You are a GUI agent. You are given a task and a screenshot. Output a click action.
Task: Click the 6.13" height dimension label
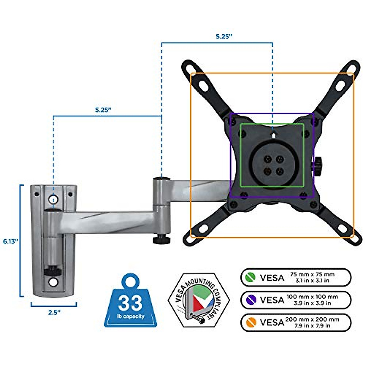click(x=11, y=241)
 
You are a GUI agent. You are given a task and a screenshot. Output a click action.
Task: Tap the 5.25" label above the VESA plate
click(x=224, y=36)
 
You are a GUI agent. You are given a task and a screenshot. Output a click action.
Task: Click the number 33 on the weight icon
click(x=130, y=303)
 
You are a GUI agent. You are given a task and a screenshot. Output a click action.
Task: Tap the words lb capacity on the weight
click(x=131, y=316)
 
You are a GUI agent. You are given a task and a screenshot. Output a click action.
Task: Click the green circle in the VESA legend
click(x=251, y=277)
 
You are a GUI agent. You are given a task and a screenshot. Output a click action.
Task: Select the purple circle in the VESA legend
click(x=251, y=300)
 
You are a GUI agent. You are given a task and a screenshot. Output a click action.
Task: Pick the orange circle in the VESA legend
click(x=251, y=322)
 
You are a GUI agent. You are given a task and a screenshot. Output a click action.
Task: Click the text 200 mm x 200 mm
click(x=312, y=319)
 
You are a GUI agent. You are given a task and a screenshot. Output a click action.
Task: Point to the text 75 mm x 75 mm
click(x=312, y=274)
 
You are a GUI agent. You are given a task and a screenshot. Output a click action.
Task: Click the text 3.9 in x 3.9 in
click(x=312, y=303)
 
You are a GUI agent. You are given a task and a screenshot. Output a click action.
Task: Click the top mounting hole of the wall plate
click(x=53, y=199)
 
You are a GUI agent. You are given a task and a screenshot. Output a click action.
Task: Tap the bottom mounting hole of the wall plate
click(x=53, y=282)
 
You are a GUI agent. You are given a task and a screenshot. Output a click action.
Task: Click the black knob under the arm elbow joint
click(x=161, y=240)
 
